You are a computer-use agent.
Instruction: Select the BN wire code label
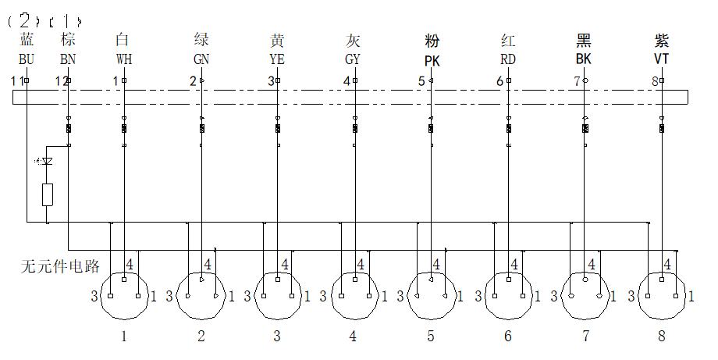pos(68,59)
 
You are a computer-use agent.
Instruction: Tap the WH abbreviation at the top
pos(123,59)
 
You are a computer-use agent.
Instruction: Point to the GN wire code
pos(201,59)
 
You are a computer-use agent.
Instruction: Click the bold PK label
pos(432,60)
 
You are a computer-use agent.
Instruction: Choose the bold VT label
pos(662,59)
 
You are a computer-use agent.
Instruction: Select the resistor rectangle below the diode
pos(48,194)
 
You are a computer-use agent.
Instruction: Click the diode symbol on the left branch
pos(48,162)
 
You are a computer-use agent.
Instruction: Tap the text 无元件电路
pos(60,266)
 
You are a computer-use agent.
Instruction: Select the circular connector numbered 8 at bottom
pos(663,295)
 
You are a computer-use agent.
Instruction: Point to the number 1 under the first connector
pos(123,337)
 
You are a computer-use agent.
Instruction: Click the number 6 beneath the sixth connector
pos(508,337)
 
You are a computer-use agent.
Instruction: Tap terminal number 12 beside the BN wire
pos(60,80)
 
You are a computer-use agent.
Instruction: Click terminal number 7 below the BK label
pos(577,80)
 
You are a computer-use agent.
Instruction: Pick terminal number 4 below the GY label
pos(347,80)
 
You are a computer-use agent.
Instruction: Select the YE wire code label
pos(277,59)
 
